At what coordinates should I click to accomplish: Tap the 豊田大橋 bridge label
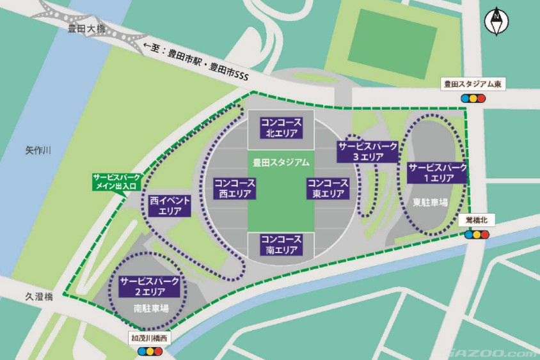pos(87,28)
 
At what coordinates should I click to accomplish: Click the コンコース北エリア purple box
pos(280,127)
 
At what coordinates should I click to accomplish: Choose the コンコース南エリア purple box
pos(280,244)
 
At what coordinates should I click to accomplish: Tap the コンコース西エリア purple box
pos(234,188)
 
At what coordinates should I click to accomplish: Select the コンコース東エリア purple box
pos(328,188)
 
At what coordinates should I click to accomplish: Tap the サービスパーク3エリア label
pos(368,151)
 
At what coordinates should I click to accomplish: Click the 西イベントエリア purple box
pos(170,205)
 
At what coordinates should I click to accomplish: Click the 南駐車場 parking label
pos(151,308)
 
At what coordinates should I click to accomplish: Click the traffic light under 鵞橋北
pos(477,234)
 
